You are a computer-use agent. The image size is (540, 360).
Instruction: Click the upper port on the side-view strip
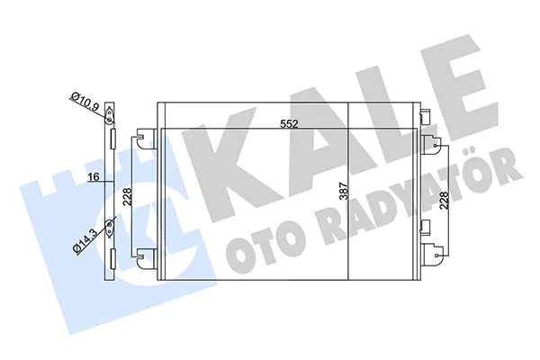(x=110, y=115)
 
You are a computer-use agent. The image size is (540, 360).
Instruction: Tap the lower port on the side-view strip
(x=110, y=227)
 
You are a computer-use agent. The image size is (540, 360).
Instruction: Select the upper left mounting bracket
(x=143, y=139)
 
